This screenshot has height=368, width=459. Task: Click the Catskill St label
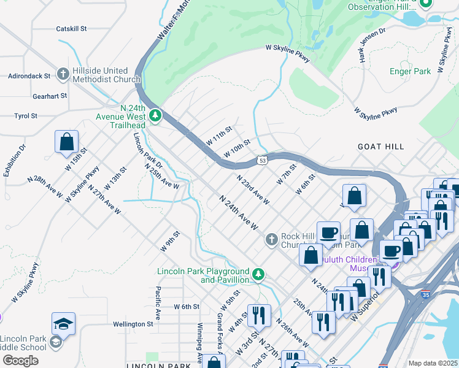point(71,28)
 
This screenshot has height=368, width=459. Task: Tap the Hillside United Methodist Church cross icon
point(62,75)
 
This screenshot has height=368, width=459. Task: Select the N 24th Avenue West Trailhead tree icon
point(155,115)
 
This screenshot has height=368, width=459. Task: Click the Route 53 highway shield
point(262,160)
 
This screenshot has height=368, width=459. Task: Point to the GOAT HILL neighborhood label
point(381,147)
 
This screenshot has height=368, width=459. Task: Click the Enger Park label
point(410,71)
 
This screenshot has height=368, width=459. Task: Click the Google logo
point(20,360)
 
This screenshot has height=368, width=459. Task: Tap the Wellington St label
point(133,324)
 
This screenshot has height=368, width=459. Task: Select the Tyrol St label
point(26,115)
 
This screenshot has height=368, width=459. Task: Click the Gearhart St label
point(49,96)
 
